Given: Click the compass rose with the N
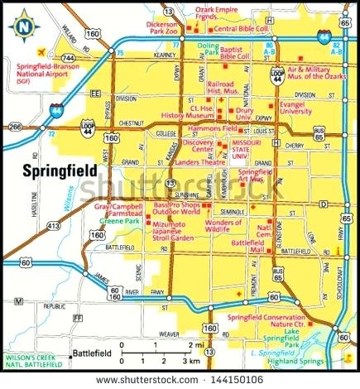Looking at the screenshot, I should coord(24,25).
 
